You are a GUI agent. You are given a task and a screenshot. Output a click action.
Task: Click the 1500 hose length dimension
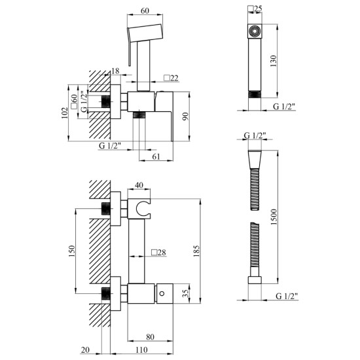[x=274, y=217]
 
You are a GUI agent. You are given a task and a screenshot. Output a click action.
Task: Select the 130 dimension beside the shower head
[x=274, y=61]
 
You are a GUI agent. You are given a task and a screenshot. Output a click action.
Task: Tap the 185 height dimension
[x=196, y=251]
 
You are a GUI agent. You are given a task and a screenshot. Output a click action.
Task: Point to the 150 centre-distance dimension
[x=72, y=251]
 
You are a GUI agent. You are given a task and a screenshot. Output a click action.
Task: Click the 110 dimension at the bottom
[x=141, y=350]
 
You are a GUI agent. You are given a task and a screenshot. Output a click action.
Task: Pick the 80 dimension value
[x=150, y=337]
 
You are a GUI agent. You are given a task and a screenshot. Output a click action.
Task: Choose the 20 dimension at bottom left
[x=85, y=350]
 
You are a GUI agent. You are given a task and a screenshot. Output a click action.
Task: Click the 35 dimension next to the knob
[x=185, y=293]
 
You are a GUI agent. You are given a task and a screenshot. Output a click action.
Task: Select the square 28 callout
[x=158, y=252]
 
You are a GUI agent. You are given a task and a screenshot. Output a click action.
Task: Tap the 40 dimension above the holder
[x=139, y=185]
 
